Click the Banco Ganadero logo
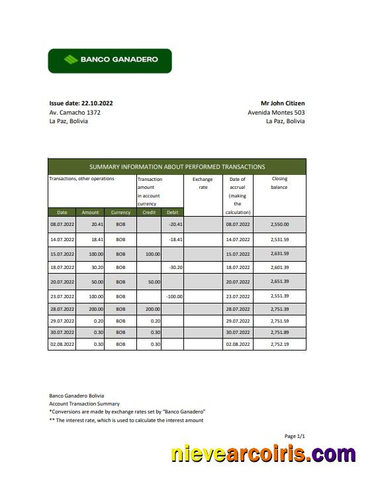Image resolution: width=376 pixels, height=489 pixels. (x=110, y=60)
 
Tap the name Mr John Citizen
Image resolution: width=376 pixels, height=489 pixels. (x=283, y=103)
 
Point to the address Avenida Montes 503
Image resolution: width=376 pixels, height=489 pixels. (x=276, y=113)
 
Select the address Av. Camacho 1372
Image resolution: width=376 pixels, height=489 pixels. (x=75, y=113)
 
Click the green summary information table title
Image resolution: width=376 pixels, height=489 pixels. (x=177, y=167)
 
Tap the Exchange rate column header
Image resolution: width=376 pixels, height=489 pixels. (x=203, y=183)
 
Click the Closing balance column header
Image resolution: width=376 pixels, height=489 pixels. (x=279, y=183)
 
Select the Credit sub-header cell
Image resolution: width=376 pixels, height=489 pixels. (x=149, y=212)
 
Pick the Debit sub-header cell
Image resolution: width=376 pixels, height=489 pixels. (x=172, y=212)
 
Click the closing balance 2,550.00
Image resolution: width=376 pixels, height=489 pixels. (x=279, y=225)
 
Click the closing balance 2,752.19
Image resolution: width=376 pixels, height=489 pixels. (x=279, y=345)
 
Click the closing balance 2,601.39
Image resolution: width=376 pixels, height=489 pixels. (x=279, y=267)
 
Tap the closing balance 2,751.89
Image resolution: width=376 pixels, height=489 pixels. (x=279, y=333)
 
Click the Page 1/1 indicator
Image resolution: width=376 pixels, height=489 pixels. (x=295, y=436)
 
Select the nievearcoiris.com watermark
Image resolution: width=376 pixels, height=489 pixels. (x=263, y=455)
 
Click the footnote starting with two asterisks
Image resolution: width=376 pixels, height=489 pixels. (x=126, y=420)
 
